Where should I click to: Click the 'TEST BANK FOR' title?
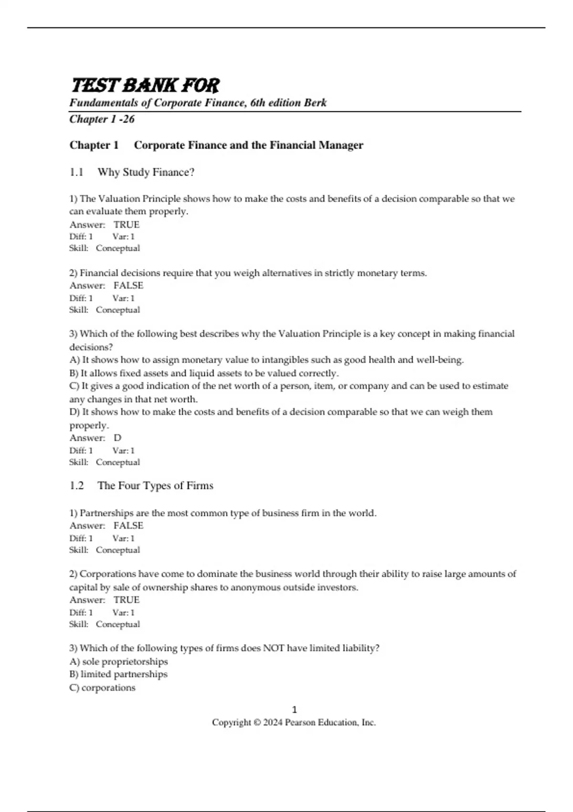pos(145,86)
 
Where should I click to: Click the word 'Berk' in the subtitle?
pos(315,103)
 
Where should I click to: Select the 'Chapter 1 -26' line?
pos(102,119)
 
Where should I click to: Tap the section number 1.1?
pos(76,172)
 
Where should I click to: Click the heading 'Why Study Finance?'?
pos(146,172)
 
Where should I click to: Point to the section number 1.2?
pos(76,486)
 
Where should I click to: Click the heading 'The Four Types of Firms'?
pos(155,486)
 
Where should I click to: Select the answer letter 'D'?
pos(117,438)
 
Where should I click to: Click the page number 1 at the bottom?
pos(294,710)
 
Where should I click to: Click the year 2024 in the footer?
pos(273,723)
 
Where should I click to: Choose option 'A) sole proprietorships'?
pos(118,662)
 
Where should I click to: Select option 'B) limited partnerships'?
pos(118,674)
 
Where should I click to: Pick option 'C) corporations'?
pos(102,688)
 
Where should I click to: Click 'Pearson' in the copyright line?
pos(299,723)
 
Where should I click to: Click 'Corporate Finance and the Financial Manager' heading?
pos(248,145)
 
